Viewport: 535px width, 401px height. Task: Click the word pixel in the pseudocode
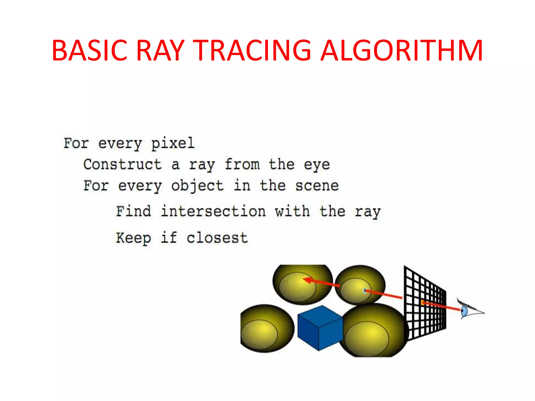click(173, 143)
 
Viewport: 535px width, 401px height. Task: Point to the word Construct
click(123, 164)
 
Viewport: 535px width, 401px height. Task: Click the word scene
click(317, 186)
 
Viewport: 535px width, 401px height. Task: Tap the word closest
click(217, 238)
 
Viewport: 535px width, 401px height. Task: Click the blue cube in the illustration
click(320, 328)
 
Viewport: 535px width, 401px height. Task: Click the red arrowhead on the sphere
click(308, 280)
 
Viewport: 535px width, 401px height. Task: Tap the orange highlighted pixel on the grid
click(422, 303)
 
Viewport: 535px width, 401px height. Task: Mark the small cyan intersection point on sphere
click(365, 291)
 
